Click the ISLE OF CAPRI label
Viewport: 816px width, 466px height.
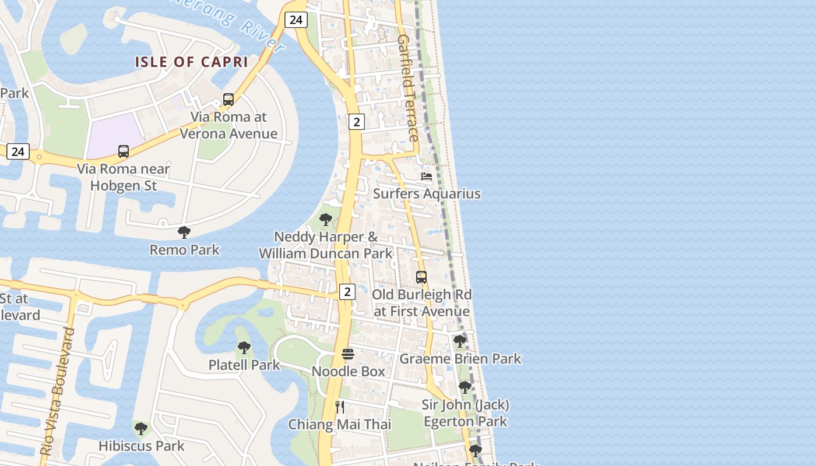[x=192, y=62]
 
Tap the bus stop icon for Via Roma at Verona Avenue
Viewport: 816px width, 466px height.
[x=228, y=100]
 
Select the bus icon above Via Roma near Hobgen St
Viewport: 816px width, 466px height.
[x=124, y=151]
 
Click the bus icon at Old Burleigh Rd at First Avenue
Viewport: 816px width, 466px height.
[x=421, y=277]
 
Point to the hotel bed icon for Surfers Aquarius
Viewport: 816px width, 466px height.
[x=427, y=176]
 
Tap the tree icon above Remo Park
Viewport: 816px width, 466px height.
[x=184, y=232]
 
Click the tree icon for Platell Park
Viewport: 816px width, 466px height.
[x=244, y=348]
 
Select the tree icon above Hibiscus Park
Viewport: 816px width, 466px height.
[x=140, y=429]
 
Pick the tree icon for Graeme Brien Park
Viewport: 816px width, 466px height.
[x=460, y=341]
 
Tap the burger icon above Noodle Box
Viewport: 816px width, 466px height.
[x=348, y=354]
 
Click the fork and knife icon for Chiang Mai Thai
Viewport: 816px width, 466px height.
[x=340, y=407]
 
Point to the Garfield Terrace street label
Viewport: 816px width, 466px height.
[x=408, y=87]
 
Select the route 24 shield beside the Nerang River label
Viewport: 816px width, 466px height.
[x=296, y=20]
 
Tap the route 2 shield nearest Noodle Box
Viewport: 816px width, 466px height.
[x=347, y=291]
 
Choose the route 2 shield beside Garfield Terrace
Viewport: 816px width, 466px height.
[x=356, y=122]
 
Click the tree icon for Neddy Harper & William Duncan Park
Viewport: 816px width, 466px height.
[x=326, y=220]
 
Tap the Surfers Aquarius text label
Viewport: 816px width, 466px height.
[x=427, y=193]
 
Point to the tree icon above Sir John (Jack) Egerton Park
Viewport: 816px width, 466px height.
[x=465, y=387]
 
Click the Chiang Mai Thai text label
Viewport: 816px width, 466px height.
[x=340, y=425]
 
